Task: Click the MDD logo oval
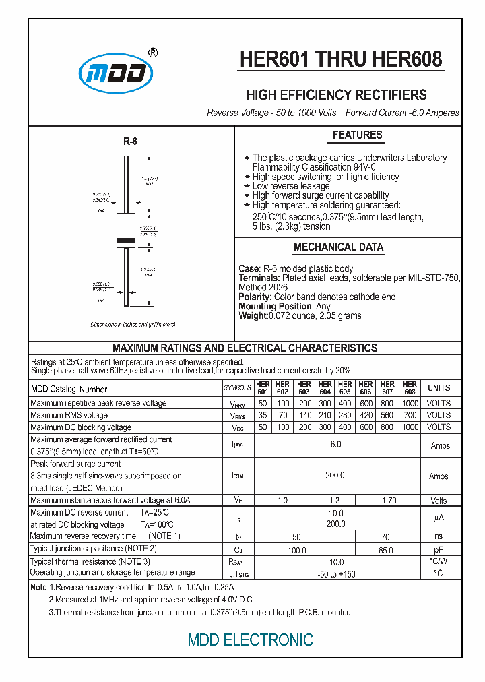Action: (112, 73)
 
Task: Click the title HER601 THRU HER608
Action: (342, 60)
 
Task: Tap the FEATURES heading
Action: (357, 135)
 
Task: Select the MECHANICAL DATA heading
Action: (338, 247)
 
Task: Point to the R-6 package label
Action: (129, 142)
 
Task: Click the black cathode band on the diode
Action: (126, 241)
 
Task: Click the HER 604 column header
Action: (325, 388)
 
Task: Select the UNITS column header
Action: (439, 388)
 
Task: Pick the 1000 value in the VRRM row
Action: (410, 403)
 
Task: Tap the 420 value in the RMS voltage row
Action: (366, 415)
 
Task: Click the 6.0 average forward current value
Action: (335, 445)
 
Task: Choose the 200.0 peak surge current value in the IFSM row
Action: (335, 476)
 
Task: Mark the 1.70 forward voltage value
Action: (389, 501)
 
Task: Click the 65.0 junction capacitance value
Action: (385, 550)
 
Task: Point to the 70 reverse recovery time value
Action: (385, 536)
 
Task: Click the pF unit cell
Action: (439, 550)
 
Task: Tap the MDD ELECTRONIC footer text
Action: (250, 640)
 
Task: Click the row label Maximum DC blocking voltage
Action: (81, 427)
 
